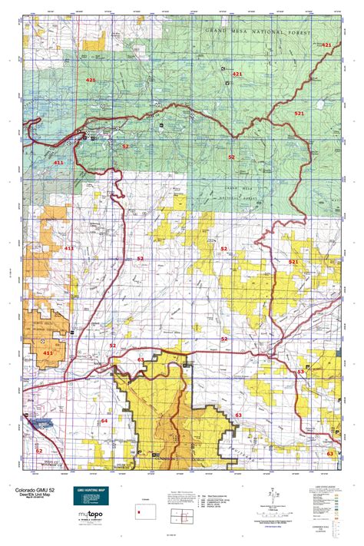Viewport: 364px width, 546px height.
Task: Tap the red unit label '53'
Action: point(300,372)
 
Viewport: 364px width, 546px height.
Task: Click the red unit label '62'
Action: point(38,451)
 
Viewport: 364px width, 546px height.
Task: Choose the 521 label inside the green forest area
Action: point(299,113)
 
